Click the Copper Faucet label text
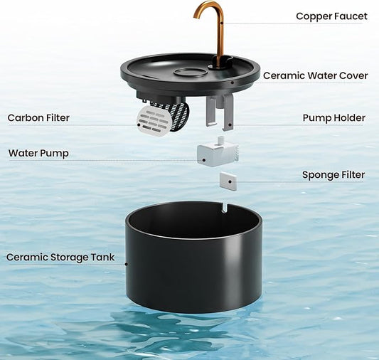click(331, 16)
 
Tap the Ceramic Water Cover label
click(315, 75)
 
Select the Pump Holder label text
click(333, 118)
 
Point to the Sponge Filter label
click(333, 175)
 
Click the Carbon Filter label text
click(38, 118)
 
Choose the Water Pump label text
click(38, 154)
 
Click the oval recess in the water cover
click(191, 72)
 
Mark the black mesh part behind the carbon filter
click(179, 115)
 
